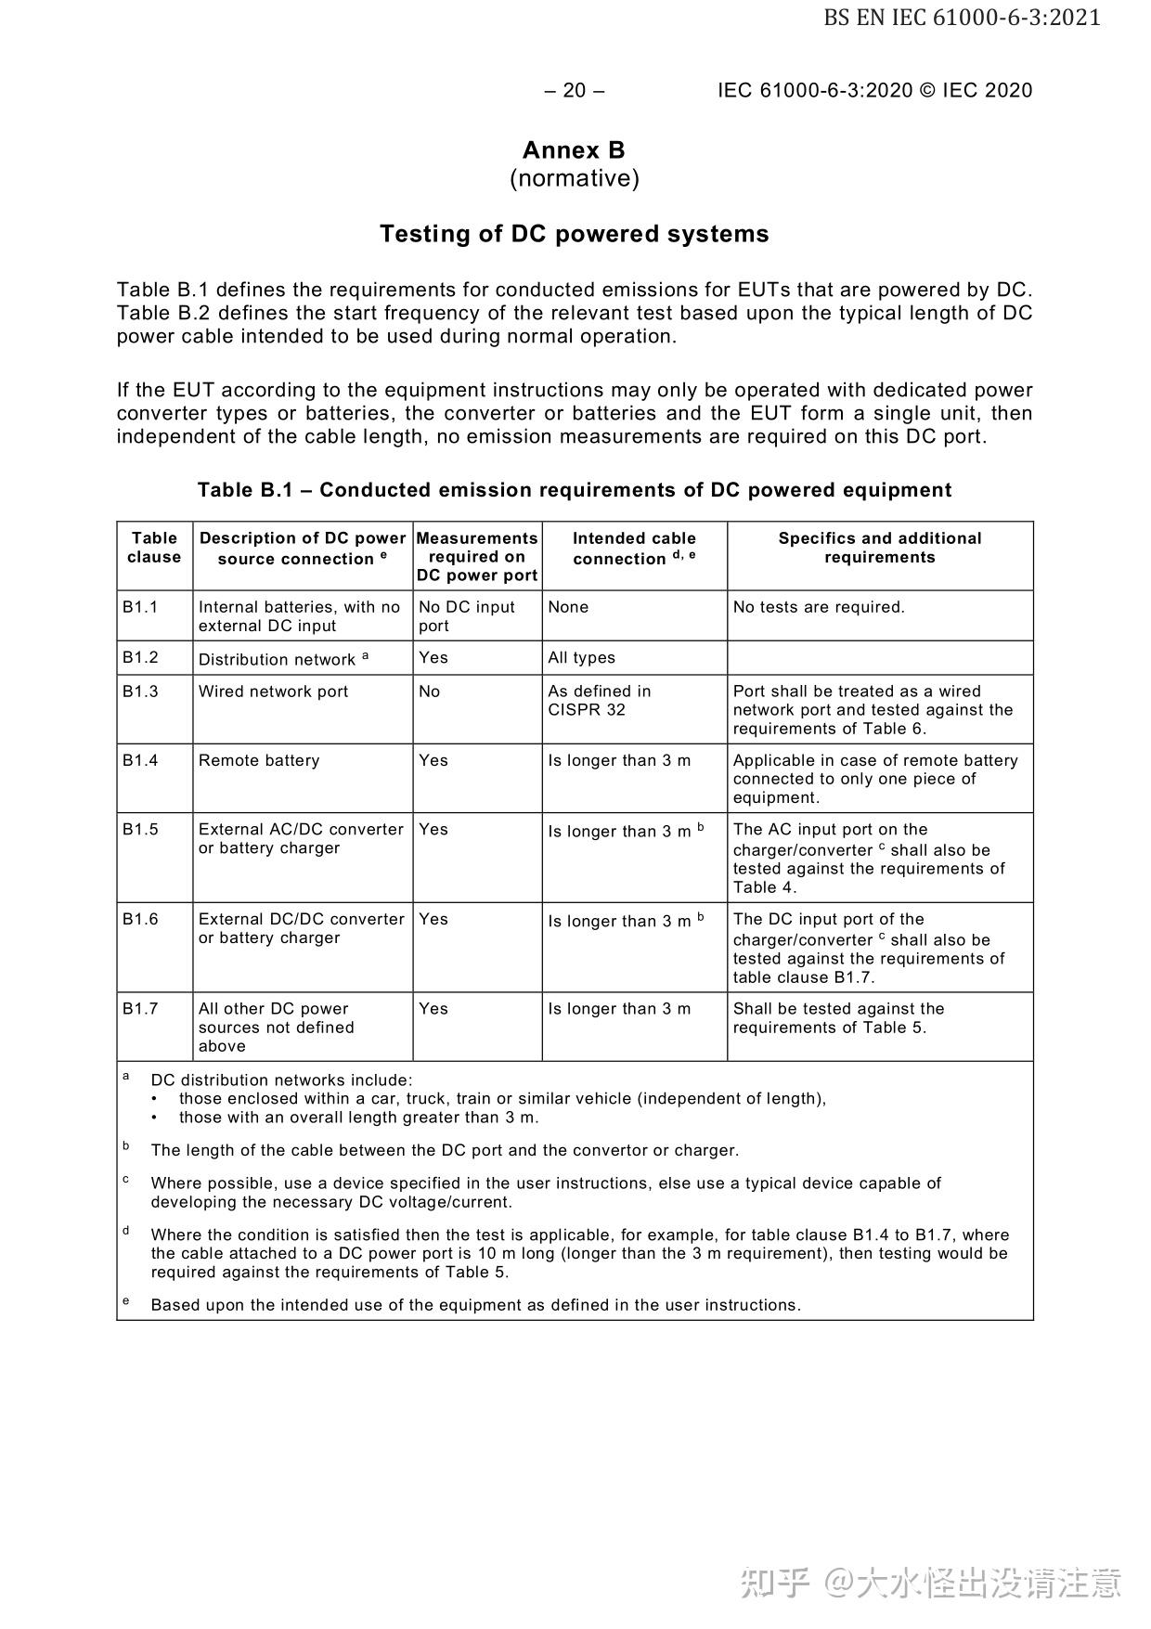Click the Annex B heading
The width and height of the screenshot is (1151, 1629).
tap(574, 150)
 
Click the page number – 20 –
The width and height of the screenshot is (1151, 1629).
tap(575, 90)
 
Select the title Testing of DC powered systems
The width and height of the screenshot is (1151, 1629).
tap(574, 234)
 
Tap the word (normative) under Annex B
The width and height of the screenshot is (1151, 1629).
tap(574, 178)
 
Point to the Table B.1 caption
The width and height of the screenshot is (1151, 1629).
tap(574, 490)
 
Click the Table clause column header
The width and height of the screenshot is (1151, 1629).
tap(154, 548)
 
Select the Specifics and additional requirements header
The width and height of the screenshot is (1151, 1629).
tap(879, 548)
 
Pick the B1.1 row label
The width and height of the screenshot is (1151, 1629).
tap(140, 607)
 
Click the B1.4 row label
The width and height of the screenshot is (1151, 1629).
tap(140, 760)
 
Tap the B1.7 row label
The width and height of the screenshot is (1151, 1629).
tap(140, 1009)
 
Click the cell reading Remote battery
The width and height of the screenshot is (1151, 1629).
tap(259, 761)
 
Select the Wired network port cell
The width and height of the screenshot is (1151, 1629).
tap(274, 692)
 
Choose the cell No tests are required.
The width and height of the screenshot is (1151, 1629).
tap(819, 607)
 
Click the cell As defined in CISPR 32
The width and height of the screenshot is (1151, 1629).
tap(600, 701)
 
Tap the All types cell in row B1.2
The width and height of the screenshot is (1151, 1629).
tap(581, 658)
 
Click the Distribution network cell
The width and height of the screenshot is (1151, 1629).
tap(282, 659)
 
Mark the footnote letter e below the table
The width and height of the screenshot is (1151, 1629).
tap(125, 1301)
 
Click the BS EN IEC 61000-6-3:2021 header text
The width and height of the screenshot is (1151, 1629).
tap(962, 18)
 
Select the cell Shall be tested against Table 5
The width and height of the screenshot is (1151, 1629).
tap(838, 1018)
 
